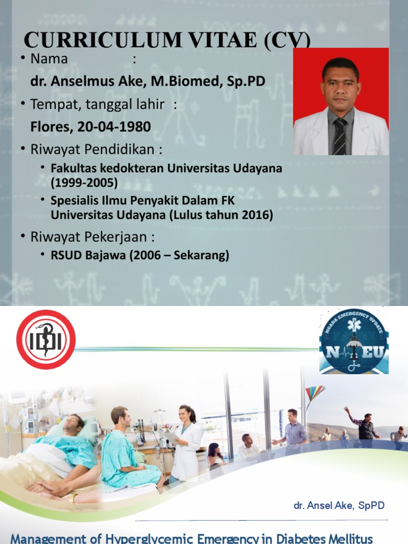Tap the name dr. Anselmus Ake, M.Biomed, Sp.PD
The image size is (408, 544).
pos(148,82)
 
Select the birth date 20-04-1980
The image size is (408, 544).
pos(114,127)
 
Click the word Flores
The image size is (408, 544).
pos(50,127)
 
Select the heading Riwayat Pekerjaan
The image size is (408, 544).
pos(88,236)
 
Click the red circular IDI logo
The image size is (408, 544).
pos(46,340)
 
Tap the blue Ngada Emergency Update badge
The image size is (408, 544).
pos(354,341)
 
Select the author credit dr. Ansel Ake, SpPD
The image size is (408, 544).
pos(339,505)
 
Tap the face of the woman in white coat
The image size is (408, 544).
pos(185,414)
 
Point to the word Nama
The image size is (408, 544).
pos(49,59)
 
